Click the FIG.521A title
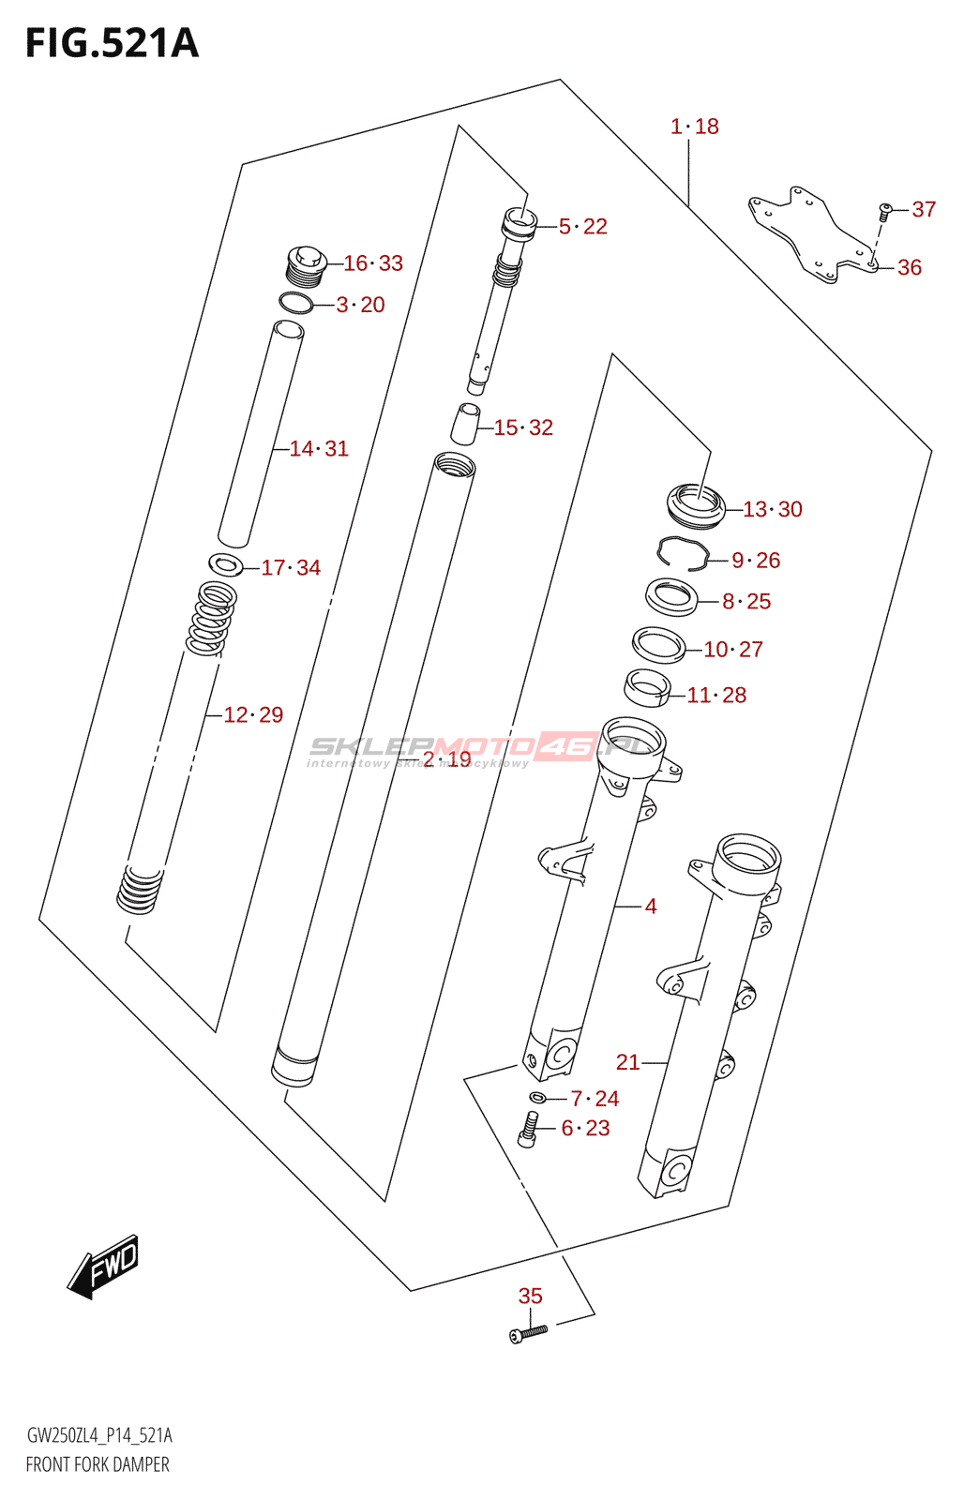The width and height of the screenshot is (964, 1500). (112, 43)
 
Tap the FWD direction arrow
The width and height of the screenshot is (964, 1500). (103, 1267)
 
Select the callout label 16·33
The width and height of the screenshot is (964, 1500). (372, 263)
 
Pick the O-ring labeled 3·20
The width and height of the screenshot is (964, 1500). (296, 304)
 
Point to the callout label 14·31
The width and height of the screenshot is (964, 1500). (319, 449)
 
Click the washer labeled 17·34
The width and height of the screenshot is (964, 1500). (225, 564)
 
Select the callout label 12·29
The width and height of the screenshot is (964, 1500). (253, 715)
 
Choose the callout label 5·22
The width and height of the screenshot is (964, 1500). (582, 227)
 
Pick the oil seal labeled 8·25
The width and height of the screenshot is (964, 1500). (671, 596)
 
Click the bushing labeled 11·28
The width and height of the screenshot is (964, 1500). (646, 687)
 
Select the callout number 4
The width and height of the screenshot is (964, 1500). (651, 907)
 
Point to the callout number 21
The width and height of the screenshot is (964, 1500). (627, 1062)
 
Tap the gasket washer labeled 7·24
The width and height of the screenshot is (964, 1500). (537, 1098)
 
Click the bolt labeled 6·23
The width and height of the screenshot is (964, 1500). (527, 1129)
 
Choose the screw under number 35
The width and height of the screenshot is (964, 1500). (528, 1332)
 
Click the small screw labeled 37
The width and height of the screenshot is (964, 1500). (883, 211)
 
